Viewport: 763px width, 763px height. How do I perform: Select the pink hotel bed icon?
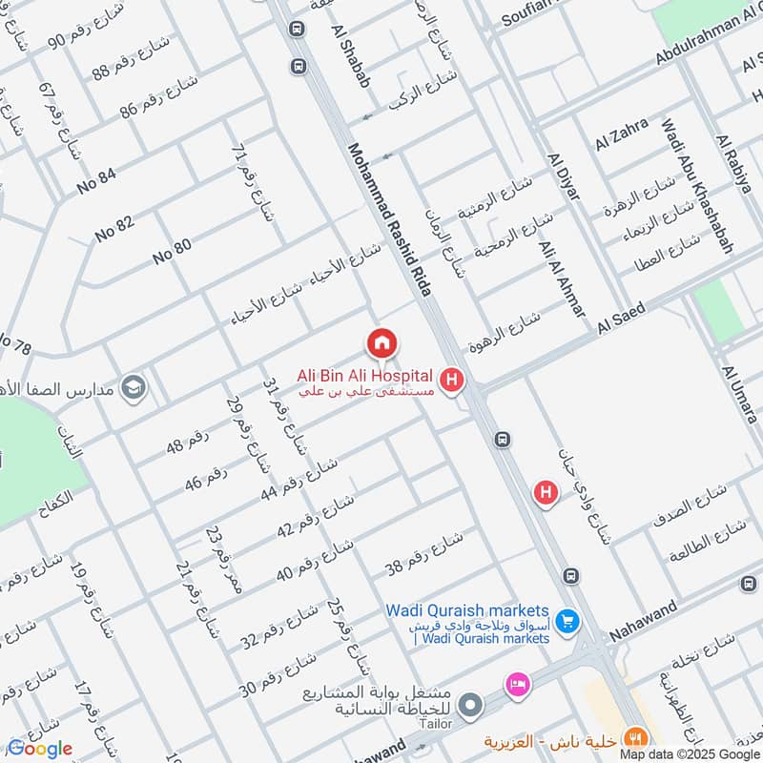click(x=518, y=685)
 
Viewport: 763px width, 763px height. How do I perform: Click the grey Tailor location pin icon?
click(x=468, y=707)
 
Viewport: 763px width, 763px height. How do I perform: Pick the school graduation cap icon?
click(x=134, y=387)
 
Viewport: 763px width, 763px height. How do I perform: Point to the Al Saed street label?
click(x=623, y=319)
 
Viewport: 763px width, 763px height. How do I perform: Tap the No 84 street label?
click(x=97, y=179)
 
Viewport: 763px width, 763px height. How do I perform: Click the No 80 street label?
click(x=173, y=252)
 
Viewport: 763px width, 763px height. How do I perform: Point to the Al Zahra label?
click(x=621, y=134)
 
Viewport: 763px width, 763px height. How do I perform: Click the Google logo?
click(x=40, y=748)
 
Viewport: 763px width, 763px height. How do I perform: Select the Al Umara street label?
click(x=740, y=393)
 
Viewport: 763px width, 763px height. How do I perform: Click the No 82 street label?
click(x=114, y=229)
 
